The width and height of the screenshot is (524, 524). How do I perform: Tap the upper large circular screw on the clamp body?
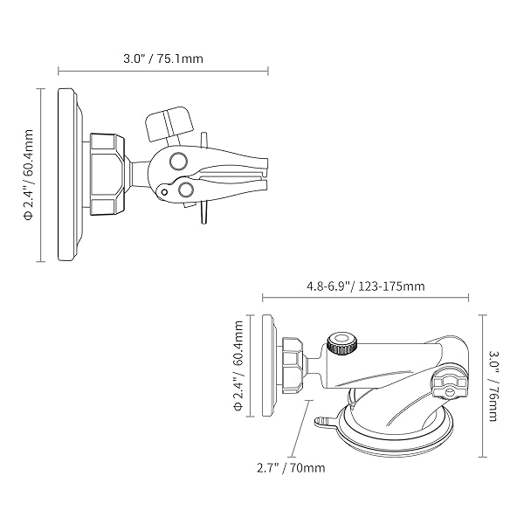click(x=178, y=161)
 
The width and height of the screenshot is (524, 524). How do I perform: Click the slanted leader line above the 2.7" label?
click(x=305, y=429)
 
